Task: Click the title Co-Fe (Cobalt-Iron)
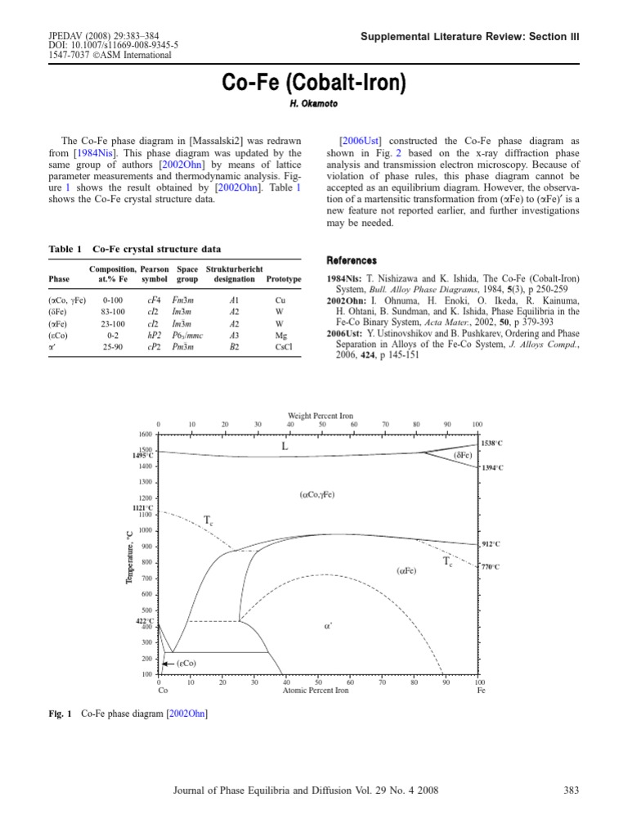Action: (314, 83)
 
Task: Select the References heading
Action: (352, 260)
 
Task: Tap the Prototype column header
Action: (283, 279)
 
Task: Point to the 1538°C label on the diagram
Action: (493, 443)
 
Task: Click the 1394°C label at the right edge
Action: (493, 467)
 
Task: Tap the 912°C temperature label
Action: (491, 543)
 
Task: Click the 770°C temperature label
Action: (491, 566)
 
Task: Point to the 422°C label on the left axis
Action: (144, 621)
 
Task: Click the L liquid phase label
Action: (285, 447)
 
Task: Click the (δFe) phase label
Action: (464, 455)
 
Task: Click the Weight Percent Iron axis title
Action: (320, 416)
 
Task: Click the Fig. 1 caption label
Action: (61, 714)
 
